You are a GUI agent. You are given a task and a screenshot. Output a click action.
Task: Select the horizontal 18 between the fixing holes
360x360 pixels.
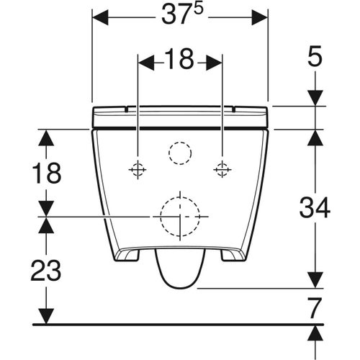[x=179, y=62]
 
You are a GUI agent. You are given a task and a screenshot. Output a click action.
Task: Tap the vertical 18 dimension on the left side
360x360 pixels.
[x=47, y=173]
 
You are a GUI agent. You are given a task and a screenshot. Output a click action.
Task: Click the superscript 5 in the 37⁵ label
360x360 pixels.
[x=196, y=10]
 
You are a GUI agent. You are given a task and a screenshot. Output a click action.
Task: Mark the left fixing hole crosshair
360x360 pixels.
[x=137, y=170]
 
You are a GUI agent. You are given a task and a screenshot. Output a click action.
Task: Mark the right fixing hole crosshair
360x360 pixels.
[x=222, y=170]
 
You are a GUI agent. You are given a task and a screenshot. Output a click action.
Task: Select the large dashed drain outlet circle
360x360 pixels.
[x=179, y=216]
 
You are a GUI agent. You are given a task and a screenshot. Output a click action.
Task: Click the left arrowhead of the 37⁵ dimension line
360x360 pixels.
[x=100, y=16]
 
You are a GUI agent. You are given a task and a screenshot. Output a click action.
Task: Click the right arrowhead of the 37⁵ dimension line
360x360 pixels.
[x=260, y=16]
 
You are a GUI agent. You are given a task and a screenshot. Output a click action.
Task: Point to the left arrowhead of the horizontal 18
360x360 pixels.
[x=144, y=63]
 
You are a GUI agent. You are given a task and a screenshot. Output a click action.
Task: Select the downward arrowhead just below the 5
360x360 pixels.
[x=315, y=98]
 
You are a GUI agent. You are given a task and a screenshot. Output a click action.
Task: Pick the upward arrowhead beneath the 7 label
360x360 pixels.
[x=315, y=333]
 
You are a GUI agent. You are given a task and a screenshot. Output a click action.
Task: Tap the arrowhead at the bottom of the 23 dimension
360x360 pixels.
[x=46, y=316]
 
